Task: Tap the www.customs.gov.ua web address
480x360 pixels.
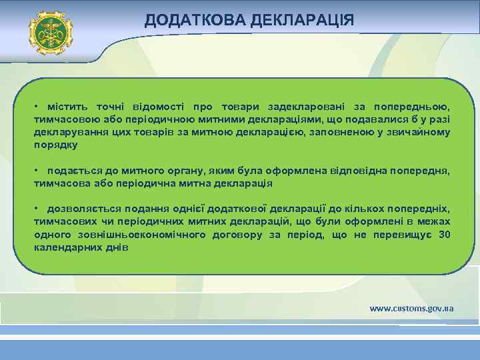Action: [x=411, y=308]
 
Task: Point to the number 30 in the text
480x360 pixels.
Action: [x=444, y=235]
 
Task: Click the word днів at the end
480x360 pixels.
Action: [x=118, y=247]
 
